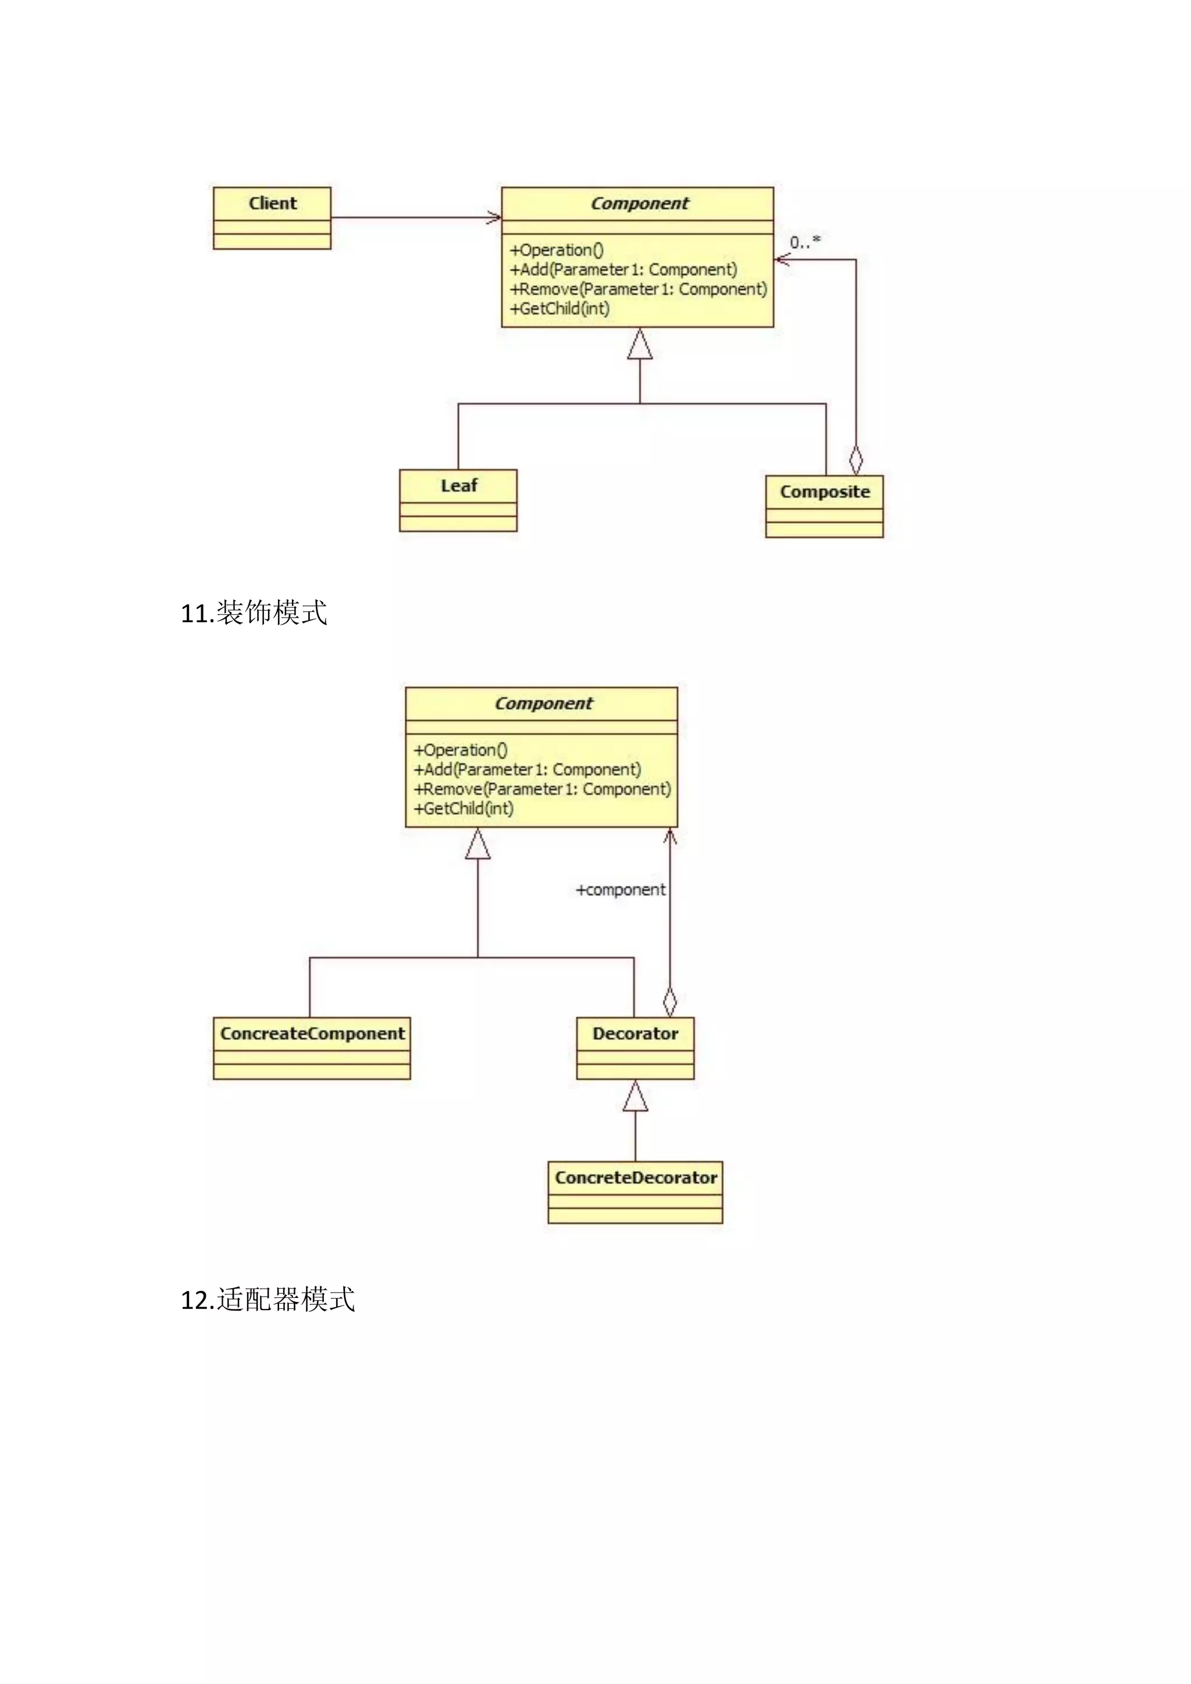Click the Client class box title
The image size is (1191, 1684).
point(272,203)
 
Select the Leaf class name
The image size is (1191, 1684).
point(458,486)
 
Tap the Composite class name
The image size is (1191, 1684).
point(824,491)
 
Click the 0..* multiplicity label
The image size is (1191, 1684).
point(804,242)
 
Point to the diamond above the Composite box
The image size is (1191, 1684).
point(855,460)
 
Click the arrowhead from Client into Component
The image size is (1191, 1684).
point(495,217)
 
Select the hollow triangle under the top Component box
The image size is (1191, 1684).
point(640,344)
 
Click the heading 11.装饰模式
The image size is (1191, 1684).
point(254,612)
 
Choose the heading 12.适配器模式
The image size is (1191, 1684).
point(268,1299)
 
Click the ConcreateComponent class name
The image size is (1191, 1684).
point(312,1033)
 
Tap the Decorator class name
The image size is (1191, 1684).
point(635,1033)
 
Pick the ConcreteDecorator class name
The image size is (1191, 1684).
point(635,1177)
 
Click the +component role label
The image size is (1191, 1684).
point(621,890)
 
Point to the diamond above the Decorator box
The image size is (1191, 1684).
point(669,1001)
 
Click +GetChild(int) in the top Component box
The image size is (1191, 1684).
point(559,309)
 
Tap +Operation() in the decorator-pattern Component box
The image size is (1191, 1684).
point(460,750)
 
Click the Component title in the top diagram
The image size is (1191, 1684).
point(640,203)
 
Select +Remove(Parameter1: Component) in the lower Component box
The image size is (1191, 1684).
point(542,789)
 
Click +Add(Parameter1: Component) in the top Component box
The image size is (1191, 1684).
point(623,270)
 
